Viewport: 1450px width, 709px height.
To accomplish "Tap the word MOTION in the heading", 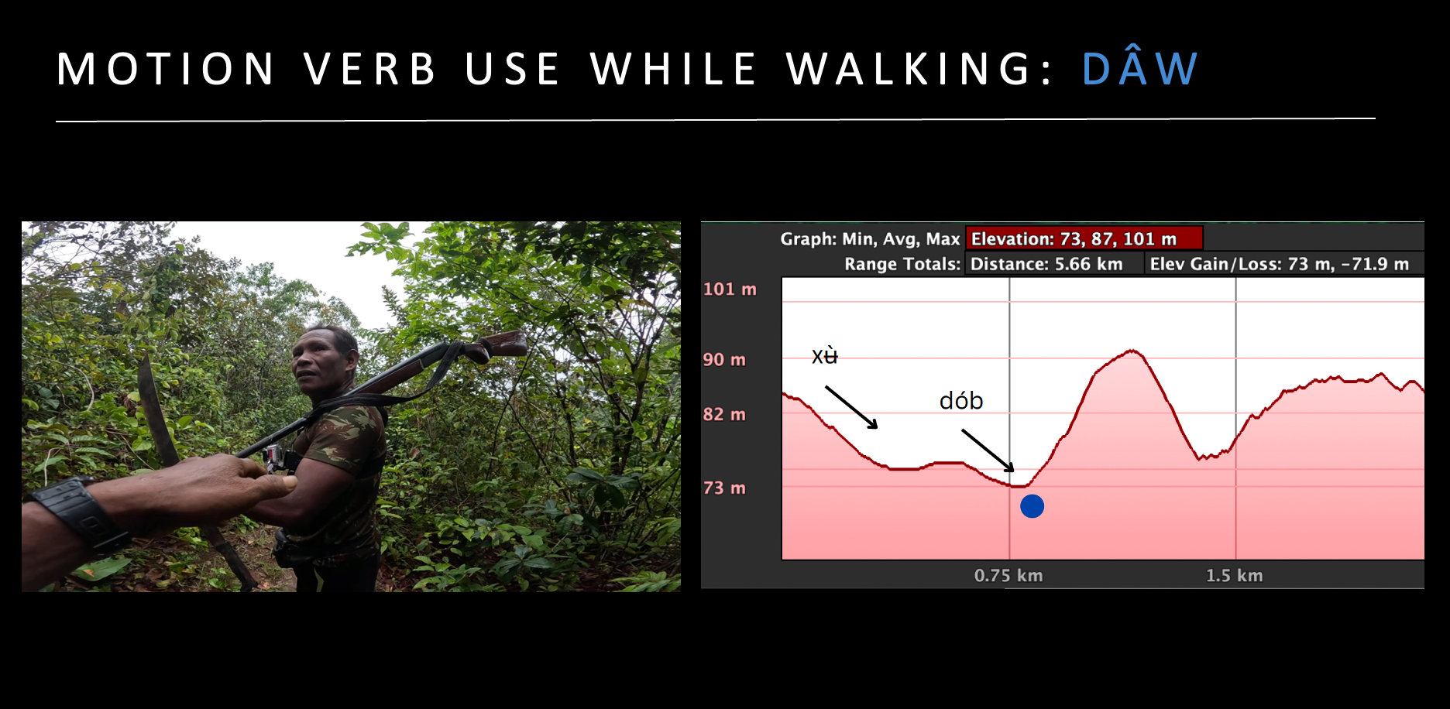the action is point(166,69).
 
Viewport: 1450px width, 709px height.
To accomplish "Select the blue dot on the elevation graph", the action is point(1032,506).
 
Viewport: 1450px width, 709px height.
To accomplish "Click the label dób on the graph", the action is point(961,400).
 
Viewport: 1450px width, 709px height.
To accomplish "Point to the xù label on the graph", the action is point(825,355).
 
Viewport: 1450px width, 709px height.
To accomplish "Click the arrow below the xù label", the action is point(851,407).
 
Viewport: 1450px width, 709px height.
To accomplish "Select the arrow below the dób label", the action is point(988,450).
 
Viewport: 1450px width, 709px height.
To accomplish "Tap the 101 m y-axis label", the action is point(730,289).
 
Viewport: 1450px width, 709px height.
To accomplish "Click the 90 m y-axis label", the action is point(724,360).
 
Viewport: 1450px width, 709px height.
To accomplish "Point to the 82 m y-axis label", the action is point(724,415).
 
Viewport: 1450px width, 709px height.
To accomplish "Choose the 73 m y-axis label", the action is point(724,488).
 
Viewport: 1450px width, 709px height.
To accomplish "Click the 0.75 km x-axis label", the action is point(1008,576).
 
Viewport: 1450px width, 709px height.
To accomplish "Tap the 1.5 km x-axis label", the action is point(1235,576).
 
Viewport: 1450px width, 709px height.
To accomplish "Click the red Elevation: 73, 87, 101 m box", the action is point(1084,238).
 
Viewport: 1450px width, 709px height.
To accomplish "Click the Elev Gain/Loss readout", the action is point(1280,264).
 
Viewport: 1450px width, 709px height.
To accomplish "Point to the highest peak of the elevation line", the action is point(1132,351).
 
